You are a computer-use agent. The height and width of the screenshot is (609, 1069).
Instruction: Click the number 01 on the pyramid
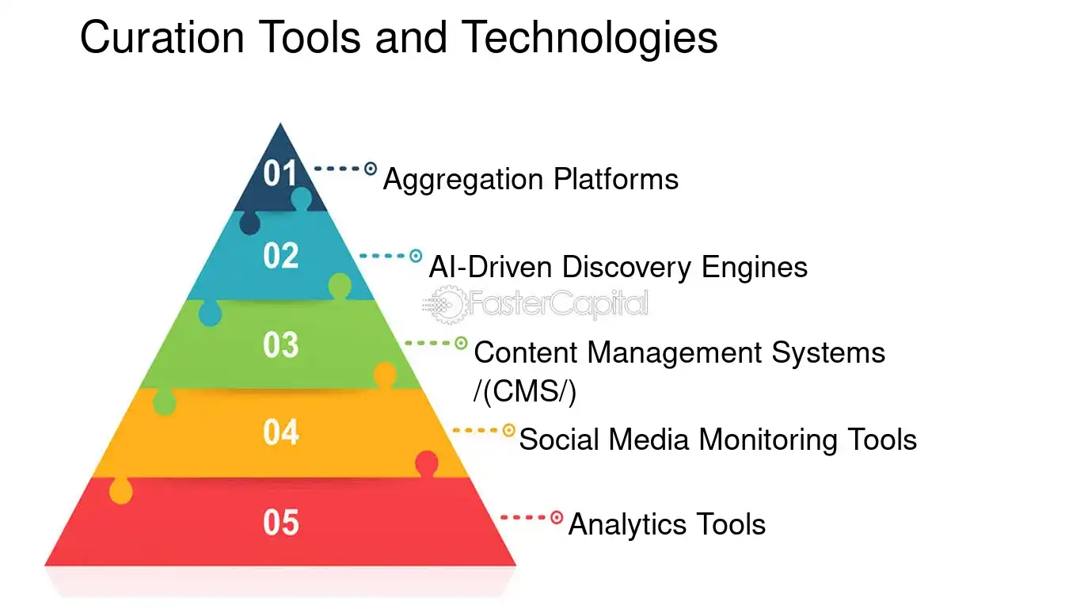tap(280, 173)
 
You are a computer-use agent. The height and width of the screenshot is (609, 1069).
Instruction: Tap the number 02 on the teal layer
tap(280, 256)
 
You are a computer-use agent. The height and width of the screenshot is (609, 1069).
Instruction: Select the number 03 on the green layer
tap(280, 345)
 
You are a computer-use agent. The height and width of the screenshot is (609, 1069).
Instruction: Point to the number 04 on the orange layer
tap(280, 432)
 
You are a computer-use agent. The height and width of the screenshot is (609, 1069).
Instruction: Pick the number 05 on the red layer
tap(280, 523)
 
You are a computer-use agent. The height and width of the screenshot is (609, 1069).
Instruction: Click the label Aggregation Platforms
tap(531, 180)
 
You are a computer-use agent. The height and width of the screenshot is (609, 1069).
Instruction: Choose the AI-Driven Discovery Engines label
tap(618, 267)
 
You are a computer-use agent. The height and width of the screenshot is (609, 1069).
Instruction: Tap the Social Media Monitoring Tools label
tap(717, 439)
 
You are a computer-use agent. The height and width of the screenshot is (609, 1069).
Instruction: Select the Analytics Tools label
tap(667, 524)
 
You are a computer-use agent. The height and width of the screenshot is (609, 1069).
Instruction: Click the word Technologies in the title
tap(590, 37)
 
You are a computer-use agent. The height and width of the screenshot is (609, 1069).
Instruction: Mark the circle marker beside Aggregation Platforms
tap(370, 169)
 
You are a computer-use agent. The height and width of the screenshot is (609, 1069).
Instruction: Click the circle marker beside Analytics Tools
tap(557, 518)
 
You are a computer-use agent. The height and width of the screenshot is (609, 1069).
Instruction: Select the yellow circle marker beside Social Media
tap(509, 430)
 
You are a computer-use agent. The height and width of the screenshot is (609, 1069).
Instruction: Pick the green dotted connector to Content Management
tap(428, 343)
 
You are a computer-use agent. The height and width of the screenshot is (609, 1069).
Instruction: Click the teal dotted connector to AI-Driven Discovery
tap(382, 256)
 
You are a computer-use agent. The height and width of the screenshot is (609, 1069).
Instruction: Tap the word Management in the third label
tap(677, 352)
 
